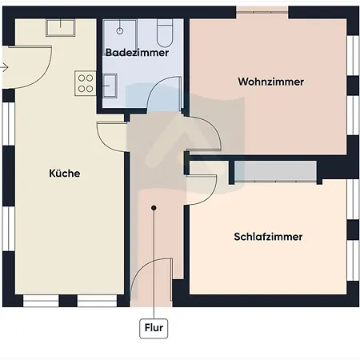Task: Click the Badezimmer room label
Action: [137, 53]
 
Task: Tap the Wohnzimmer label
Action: [271, 82]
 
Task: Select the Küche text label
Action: [65, 174]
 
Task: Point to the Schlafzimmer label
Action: [268, 237]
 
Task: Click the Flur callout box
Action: [154, 328]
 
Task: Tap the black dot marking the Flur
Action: [154, 208]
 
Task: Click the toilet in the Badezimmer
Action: [165, 33]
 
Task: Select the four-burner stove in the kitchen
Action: [86, 83]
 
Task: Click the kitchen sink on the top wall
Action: [61, 27]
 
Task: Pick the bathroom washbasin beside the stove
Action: [110, 86]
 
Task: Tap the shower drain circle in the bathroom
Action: [120, 31]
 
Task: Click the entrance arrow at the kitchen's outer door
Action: [4, 67]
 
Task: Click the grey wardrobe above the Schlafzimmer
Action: [275, 171]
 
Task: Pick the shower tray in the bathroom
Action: [120, 34]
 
